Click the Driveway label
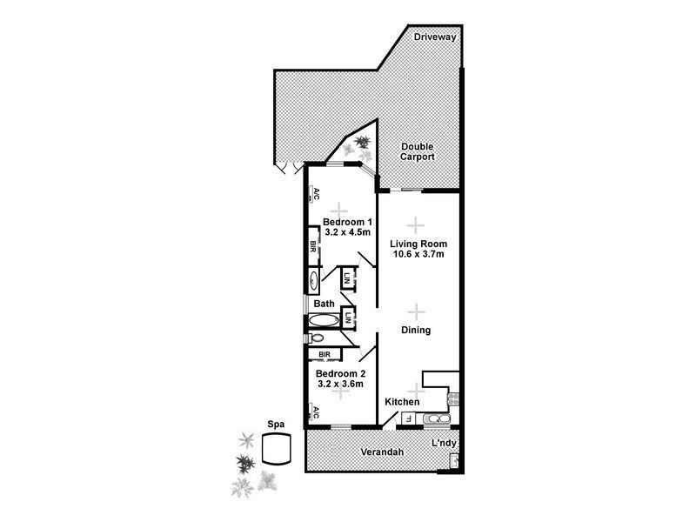[435, 37]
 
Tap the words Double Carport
[417, 152]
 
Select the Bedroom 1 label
[347, 222]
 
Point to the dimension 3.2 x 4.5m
[347, 233]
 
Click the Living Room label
[418, 244]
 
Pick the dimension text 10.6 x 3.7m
[418, 255]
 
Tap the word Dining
[416, 331]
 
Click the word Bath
[325, 304]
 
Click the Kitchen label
[403, 402]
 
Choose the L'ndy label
[445, 445]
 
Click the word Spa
[277, 425]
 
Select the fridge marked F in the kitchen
[409, 419]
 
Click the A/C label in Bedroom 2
[316, 411]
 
